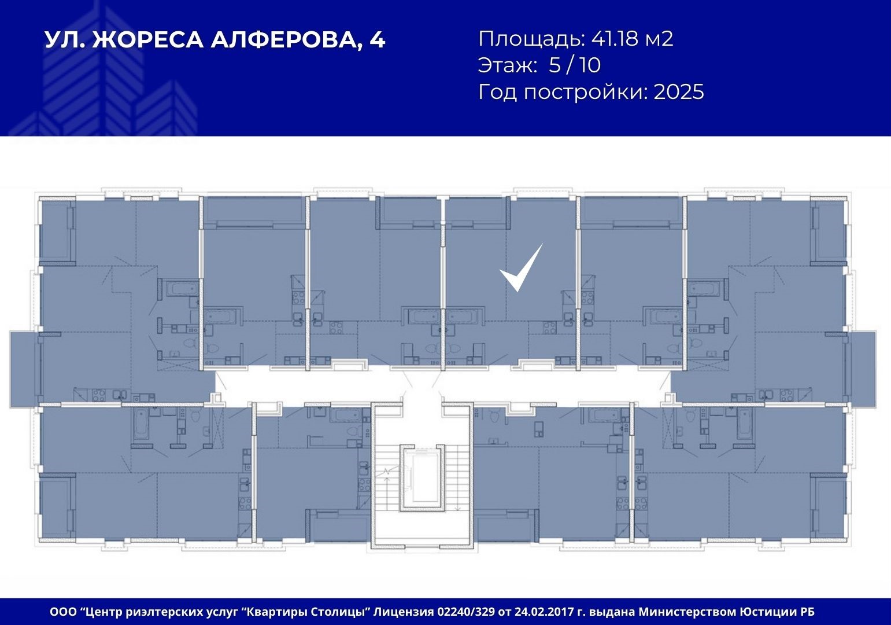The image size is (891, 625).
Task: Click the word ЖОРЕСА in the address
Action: [148, 40]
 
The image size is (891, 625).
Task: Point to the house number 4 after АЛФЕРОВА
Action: [378, 40]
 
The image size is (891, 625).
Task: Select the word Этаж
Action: [508, 65]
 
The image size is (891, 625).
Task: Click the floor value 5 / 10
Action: [575, 65]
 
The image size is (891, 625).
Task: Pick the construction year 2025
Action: [679, 91]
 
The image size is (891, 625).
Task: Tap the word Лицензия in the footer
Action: [403, 612]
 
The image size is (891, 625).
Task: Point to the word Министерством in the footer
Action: [687, 612]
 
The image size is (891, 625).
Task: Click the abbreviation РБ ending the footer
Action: [806, 612]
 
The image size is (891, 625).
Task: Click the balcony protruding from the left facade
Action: [24, 369]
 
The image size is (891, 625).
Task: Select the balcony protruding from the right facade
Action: [864, 369]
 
